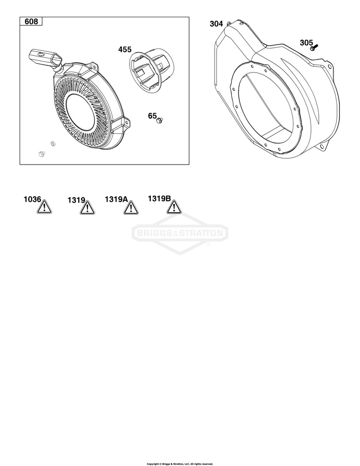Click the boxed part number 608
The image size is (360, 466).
pos(31,22)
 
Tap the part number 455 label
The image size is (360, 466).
pos(125,49)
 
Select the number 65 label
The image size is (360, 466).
pos(152,116)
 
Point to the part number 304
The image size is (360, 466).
pos(216,24)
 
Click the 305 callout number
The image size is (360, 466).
pos(306,43)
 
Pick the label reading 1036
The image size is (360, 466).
pos(33,199)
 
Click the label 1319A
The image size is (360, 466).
pos(116,199)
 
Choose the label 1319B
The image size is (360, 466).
pos(159,198)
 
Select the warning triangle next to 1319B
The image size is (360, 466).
pos(174,207)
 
